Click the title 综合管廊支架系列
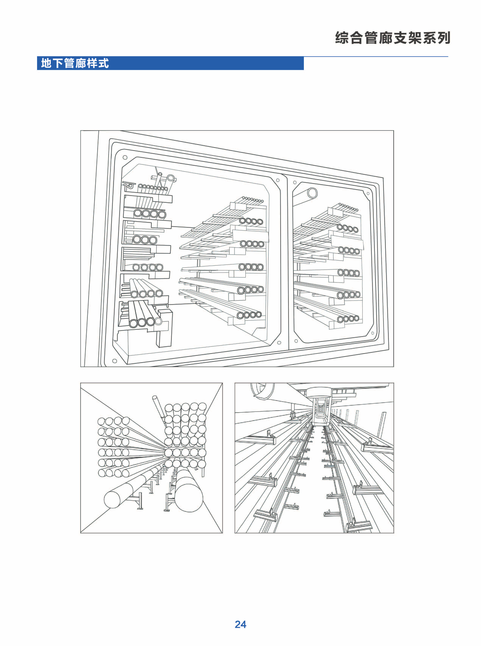(x=393, y=38)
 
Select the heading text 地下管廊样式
(x=75, y=63)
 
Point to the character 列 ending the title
(x=443, y=38)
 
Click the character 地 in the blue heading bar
(x=46, y=63)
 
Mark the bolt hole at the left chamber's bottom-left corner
(x=114, y=361)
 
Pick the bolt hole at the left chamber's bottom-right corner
(x=279, y=343)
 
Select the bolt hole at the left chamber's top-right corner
(x=278, y=180)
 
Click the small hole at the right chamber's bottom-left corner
(x=296, y=341)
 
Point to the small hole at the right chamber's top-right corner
(x=368, y=193)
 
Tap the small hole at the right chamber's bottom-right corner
(x=372, y=333)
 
